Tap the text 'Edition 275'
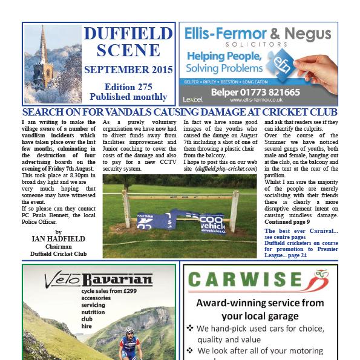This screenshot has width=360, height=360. coord(128,87)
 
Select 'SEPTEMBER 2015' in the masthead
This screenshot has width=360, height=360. coord(128,70)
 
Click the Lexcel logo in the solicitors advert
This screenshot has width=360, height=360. coord(192,99)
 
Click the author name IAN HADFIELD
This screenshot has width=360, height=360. coord(58,239)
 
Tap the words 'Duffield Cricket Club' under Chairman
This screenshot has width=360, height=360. coord(58,254)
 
